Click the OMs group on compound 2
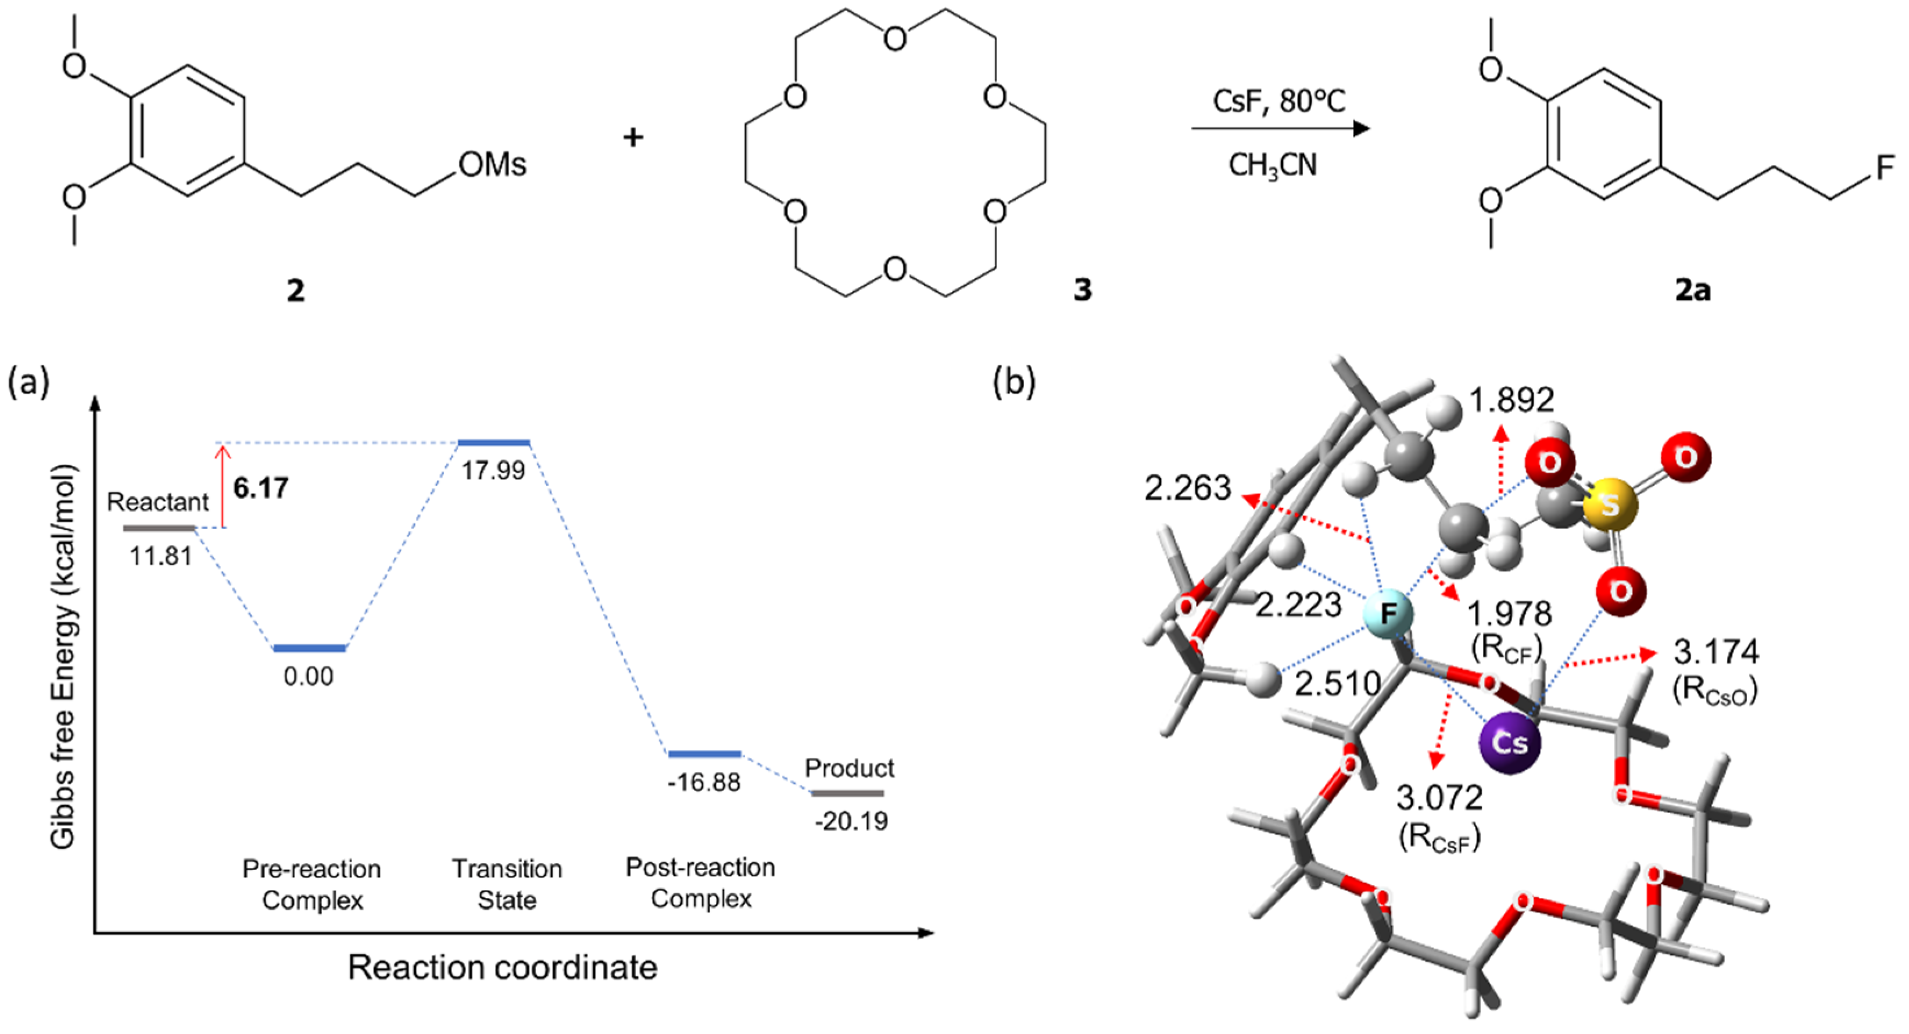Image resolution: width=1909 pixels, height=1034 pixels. pyautogui.click(x=492, y=164)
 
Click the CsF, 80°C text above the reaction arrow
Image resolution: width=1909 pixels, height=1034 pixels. pyautogui.click(x=1278, y=101)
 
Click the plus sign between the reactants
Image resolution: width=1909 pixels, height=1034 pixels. pyautogui.click(x=633, y=137)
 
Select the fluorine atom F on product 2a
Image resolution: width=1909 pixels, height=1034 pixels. pyautogui.click(x=1885, y=167)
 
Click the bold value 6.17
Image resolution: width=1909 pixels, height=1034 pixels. pyautogui.click(x=260, y=488)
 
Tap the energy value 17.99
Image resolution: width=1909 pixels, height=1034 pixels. pyautogui.click(x=493, y=470)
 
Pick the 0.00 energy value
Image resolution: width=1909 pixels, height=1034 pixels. pyautogui.click(x=308, y=676)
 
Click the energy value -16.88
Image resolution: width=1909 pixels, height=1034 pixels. pyautogui.click(x=704, y=782)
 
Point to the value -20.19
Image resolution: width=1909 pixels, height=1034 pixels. pyautogui.click(x=851, y=821)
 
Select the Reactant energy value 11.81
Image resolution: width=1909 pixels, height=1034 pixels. pyautogui.click(x=161, y=555)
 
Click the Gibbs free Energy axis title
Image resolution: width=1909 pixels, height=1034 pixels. pyautogui.click(x=64, y=656)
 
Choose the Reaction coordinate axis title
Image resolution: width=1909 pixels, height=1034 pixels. pyautogui.click(x=503, y=967)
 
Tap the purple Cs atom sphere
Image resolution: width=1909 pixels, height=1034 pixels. pyautogui.click(x=1510, y=743)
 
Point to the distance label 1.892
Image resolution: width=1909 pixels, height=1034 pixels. pyautogui.click(x=1511, y=400)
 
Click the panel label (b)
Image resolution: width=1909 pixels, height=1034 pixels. pyautogui.click(x=1014, y=382)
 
